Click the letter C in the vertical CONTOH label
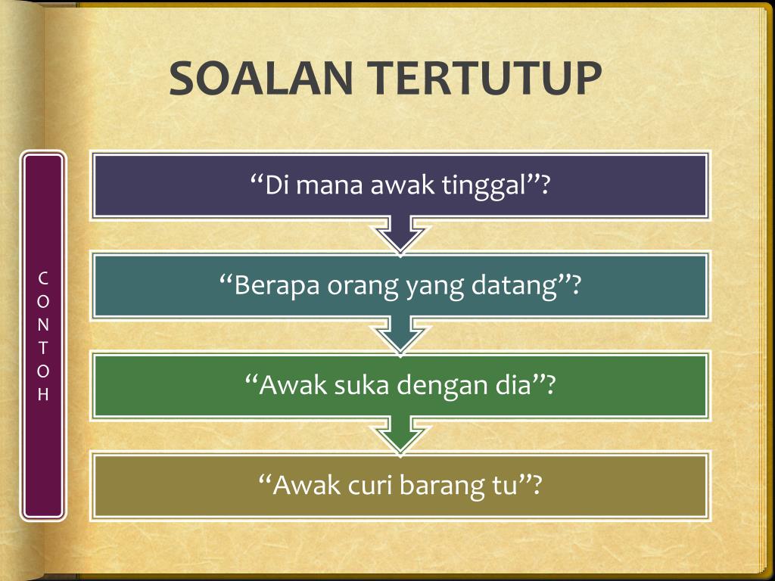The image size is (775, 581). (x=43, y=278)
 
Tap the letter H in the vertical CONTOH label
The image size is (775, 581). (x=43, y=394)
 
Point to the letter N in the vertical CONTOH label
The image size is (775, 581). (x=43, y=325)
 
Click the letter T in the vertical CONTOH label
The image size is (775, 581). (x=43, y=348)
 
